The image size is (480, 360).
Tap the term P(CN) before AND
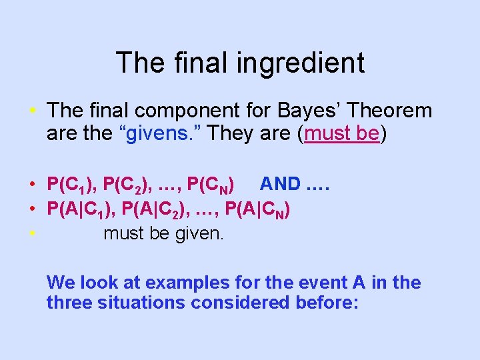click(211, 184)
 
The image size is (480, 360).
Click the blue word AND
click(280, 183)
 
